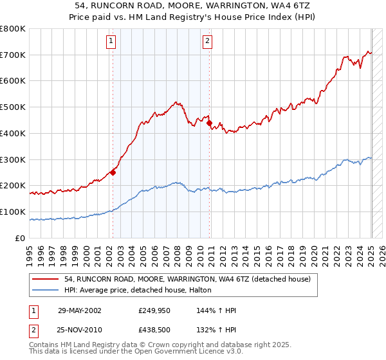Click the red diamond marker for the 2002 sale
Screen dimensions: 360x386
pyautogui.click(x=113, y=172)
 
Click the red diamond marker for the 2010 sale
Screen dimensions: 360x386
pyautogui.click(x=209, y=123)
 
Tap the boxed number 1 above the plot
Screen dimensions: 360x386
pyautogui.click(x=111, y=42)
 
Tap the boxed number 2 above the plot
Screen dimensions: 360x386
pyautogui.click(x=208, y=42)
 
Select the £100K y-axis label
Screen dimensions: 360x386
pyautogui.click(x=14, y=212)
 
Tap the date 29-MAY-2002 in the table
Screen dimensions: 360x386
pyautogui.click(x=80, y=310)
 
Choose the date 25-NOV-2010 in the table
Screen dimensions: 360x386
pyautogui.click(x=80, y=330)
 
